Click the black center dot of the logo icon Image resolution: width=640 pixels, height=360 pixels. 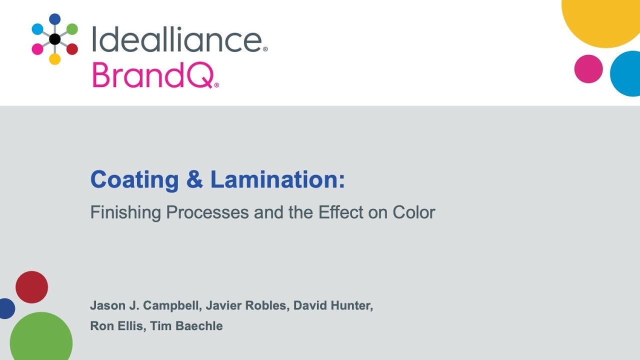click(55, 39)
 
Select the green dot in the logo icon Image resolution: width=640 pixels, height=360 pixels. click(72, 29)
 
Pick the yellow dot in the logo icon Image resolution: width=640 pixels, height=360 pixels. click(55, 59)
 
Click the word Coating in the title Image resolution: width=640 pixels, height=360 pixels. click(134, 179)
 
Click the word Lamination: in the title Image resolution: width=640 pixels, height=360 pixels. click(277, 179)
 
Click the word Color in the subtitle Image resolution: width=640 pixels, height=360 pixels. click(414, 212)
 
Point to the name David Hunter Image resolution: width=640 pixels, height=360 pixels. click(333, 305)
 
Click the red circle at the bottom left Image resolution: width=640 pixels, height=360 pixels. click(31, 287)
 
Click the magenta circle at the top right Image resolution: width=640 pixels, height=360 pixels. click(588, 69)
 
